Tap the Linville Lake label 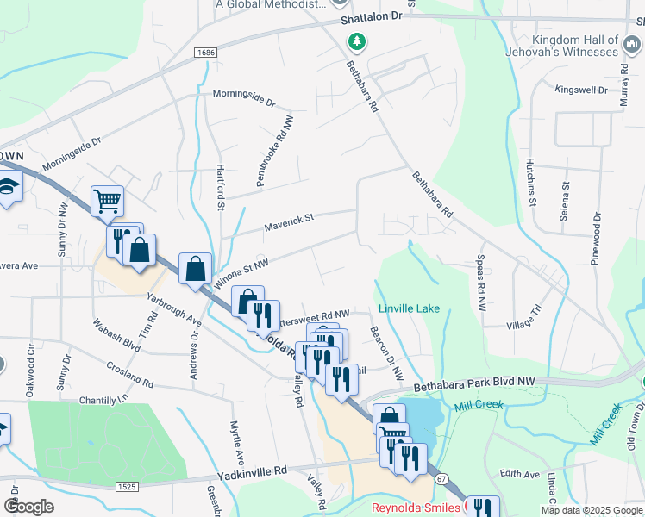[x=409, y=308]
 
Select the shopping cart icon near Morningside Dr [x=108, y=202]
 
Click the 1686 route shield [x=205, y=53]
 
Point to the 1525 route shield [x=127, y=487]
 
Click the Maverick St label [x=289, y=222]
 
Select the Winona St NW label [x=242, y=272]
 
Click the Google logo [x=28, y=506]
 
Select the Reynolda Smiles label [x=416, y=508]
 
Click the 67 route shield [x=442, y=478]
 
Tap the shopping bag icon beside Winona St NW [x=195, y=268]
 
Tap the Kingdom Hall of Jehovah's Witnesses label [x=576, y=46]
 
